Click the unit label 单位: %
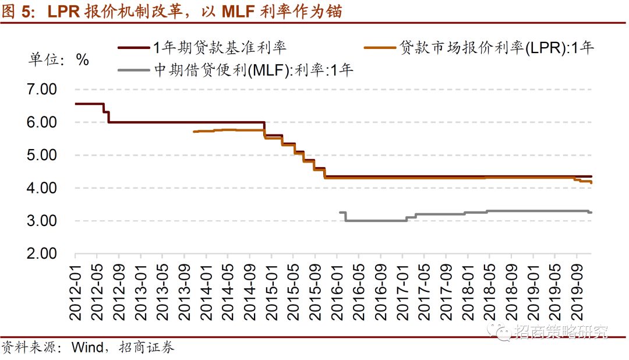tap(59, 59)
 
